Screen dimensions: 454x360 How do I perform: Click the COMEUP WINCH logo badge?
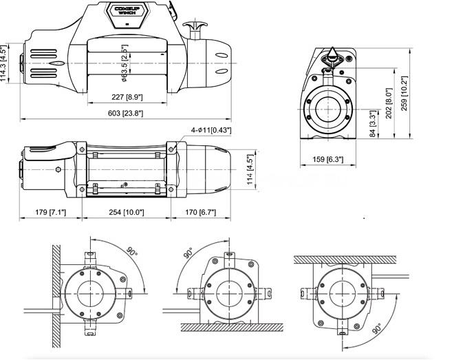127,15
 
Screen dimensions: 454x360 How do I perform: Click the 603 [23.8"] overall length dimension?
126,113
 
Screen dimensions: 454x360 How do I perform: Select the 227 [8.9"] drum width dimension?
127,97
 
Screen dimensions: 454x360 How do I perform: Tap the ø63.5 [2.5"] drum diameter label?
125,63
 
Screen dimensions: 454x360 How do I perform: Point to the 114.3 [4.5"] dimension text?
3,63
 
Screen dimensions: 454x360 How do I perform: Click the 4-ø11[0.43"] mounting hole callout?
211,130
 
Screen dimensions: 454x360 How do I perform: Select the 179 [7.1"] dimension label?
51,212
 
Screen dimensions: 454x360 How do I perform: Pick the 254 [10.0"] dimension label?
127,212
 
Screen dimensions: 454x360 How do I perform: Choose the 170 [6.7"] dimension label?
201,212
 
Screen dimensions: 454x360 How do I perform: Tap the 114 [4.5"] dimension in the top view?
250,169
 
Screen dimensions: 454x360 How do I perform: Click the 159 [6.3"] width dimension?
328,159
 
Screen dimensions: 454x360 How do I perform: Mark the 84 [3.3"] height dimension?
374,124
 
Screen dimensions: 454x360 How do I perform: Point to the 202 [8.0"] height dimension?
389,103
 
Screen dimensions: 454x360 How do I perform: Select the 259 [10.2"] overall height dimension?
404,93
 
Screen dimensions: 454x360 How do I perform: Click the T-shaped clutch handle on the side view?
195,30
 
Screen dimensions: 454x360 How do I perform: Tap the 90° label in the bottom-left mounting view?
132,251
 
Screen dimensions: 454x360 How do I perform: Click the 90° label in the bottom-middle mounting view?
188,253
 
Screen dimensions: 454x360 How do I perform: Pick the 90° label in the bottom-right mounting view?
378,328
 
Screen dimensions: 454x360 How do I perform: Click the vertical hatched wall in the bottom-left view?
56,296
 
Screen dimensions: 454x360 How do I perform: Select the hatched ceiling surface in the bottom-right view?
345,260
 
